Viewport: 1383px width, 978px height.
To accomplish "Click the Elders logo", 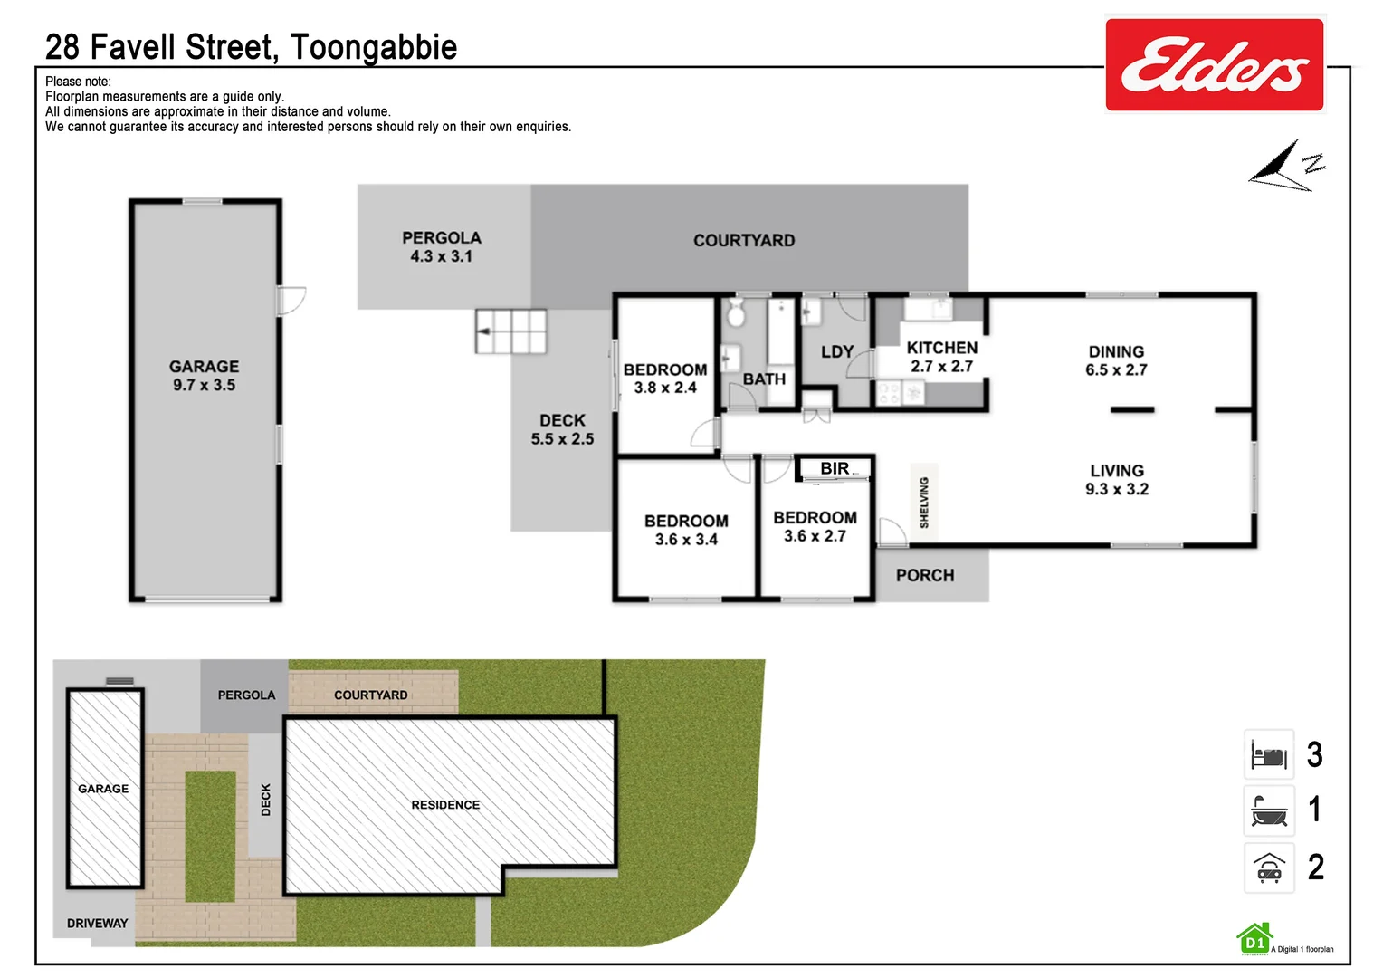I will [x=1214, y=65].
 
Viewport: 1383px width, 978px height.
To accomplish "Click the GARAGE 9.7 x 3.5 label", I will [x=205, y=376].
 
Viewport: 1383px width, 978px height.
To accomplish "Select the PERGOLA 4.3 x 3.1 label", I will [x=442, y=247].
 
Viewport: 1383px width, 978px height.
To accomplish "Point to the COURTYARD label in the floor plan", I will [x=744, y=241].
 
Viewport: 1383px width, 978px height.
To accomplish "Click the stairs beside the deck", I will [x=511, y=331].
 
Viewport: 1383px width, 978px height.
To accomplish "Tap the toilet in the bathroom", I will [x=736, y=314].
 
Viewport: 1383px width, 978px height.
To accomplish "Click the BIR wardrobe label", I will [x=835, y=468].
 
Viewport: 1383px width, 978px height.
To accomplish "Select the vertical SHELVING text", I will [x=924, y=503].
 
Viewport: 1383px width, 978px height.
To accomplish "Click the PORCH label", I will [x=925, y=575].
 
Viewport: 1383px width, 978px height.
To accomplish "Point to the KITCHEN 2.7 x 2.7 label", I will [x=941, y=357].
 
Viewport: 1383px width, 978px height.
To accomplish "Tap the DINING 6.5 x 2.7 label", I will [x=1116, y=360].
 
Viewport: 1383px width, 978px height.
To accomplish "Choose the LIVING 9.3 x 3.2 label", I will [x=1117, y=480].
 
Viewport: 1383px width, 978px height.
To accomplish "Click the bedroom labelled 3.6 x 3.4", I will [x=686, y=530].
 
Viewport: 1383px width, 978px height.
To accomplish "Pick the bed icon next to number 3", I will [x=1269, y=754].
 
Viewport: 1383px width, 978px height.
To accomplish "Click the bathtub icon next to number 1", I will [x=1269, y=810].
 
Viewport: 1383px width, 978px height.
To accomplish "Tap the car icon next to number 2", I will [x=1269, y=868].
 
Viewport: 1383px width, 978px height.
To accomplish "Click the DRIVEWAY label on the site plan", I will [x=97, y=924].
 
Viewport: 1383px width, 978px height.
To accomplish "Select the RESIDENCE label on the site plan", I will [x=445, y=805].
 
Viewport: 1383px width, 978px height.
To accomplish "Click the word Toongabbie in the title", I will [x=374, y=47].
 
